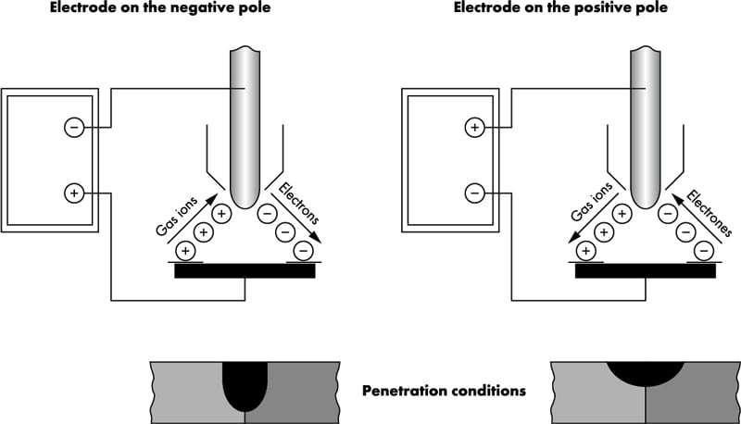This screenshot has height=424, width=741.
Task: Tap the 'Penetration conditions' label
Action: (444, 391)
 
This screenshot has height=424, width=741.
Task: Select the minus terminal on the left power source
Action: (74, 128)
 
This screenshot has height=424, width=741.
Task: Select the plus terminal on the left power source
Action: (74, 193)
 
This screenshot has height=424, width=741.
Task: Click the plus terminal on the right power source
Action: (474, 128)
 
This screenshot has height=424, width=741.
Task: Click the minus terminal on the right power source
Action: (474, 193)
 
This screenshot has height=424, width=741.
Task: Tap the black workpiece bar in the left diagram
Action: (245, 271)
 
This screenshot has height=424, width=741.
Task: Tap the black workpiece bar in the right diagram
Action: (646, 271)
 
